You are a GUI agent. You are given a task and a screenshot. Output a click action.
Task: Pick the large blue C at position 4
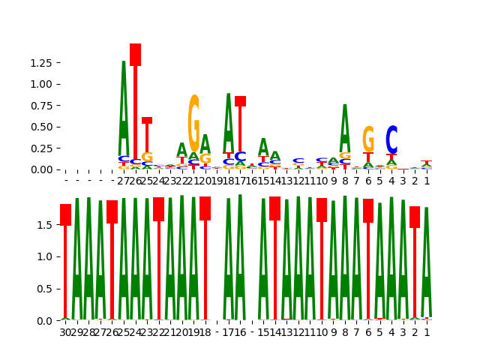(391, 140)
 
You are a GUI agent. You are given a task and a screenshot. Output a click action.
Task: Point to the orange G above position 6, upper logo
(368, 139)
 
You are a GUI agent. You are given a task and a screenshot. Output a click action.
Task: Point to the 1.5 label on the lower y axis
(45, 224)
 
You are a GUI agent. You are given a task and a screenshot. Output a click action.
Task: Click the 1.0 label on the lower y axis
(45, 256)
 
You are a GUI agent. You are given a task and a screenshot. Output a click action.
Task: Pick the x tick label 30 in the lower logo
(65, 332)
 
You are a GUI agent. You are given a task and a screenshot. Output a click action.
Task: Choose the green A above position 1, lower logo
(426, 262)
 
